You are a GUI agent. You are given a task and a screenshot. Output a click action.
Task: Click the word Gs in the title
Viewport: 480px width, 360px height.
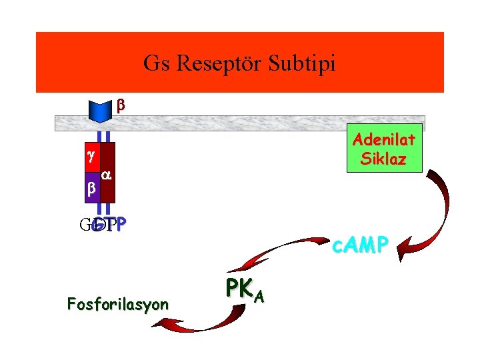pyautogui.click(x=155, y=64)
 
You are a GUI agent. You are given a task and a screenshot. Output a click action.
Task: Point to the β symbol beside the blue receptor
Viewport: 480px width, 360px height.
pyautogui.click(x=121, y=105)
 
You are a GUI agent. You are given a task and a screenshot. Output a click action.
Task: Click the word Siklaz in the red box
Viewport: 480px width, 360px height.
pyautogui.click(x=384, y=159)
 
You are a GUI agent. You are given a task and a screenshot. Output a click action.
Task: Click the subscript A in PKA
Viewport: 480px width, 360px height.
pyautogui.click(x=257, y=296)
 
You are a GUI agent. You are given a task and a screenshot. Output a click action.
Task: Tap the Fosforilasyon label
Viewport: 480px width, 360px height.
pyautogui.click(x=117, y=305)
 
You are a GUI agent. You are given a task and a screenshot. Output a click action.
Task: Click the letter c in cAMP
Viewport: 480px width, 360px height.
pyautogui.click(x=337, y=247)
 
